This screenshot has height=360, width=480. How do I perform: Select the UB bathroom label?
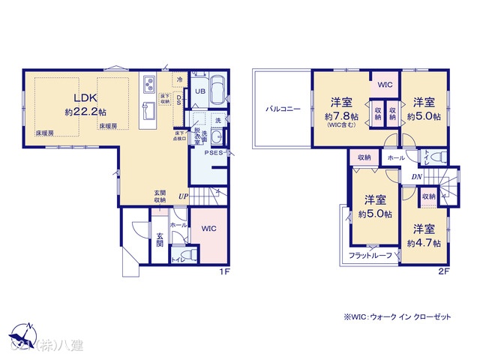[199, 91]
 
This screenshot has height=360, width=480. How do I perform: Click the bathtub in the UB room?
[218, 91]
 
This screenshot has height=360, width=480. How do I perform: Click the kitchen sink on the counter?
[148, 112]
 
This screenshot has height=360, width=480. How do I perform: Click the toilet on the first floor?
[186, 255]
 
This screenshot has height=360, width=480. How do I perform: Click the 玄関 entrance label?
[160, 241]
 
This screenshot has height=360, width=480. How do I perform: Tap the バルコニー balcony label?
[282, 109]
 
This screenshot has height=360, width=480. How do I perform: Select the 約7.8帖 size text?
[339, 117]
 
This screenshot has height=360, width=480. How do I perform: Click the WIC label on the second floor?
[383, 85]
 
